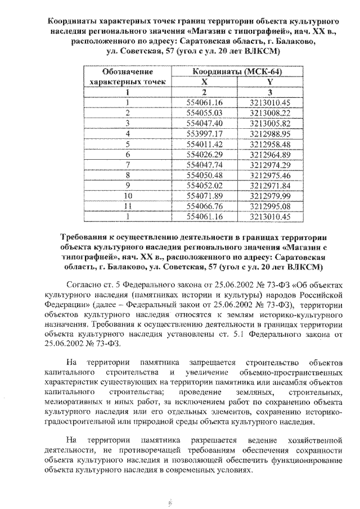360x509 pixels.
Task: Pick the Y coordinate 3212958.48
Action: click(x=268, y=143)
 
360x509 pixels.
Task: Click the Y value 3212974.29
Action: click(x=268, y=165)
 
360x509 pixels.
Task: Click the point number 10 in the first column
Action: click(x=128, y=195)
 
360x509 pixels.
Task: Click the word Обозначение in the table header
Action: click(x=128, y=72)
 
